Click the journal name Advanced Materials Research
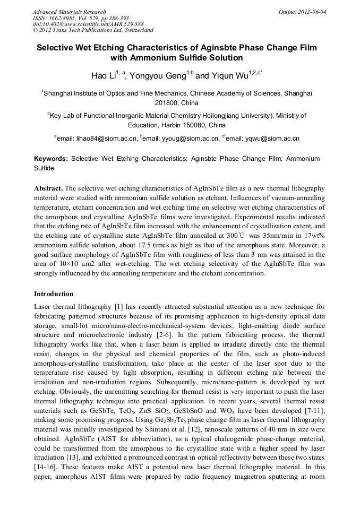[69, 12]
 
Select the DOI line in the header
[88, 24]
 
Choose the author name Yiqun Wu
[230, 76]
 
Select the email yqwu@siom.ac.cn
[272, 139]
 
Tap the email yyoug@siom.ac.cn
[190, 139]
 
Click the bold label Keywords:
[51, 159]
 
